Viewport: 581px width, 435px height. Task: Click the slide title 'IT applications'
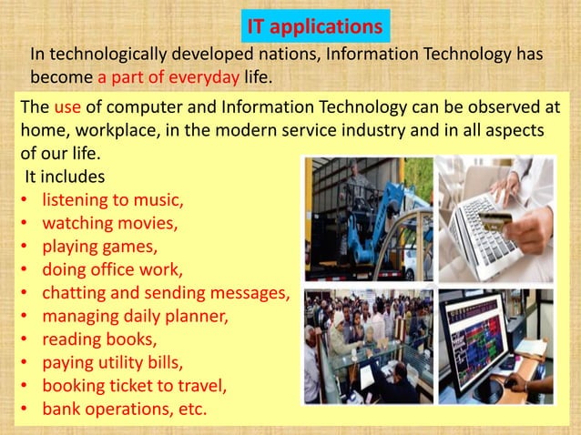(317, 25)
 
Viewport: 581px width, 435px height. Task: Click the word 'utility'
(129, 363)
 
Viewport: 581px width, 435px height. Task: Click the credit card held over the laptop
(496, 218)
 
